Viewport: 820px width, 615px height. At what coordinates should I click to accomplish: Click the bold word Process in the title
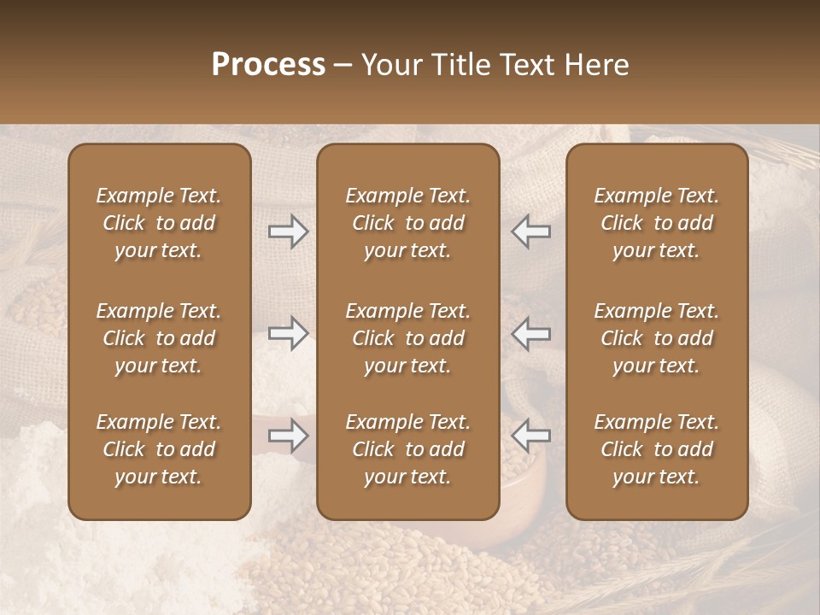(x=268, y=65)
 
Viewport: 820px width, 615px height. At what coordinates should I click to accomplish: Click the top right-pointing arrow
(x=289, y=231)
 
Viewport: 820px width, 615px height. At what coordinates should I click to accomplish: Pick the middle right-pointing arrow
(x=289, y=333)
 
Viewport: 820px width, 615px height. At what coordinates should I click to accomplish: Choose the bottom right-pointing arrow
(x=289, y=436)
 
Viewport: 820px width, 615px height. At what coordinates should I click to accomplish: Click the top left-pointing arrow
(x=530, y=231)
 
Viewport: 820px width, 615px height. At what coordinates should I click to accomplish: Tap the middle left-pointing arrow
(x=530, y=333)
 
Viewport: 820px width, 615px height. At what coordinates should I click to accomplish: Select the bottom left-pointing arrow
(x=530, y=436)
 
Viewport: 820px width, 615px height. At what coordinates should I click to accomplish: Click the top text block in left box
(x=159, y=223)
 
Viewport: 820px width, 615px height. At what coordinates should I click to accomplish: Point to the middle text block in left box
(x=159, y=338)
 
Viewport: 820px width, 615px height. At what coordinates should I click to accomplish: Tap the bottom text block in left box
(x=159, y=449)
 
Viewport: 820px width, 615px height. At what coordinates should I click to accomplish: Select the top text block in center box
(x=407, y=223)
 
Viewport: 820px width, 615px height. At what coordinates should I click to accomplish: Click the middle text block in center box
(x=407, y=338)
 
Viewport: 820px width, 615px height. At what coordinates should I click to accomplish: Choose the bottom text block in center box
(x=407, y=449)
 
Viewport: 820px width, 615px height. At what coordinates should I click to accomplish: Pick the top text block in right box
(x=656, y=223)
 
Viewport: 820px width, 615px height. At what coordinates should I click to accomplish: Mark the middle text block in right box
(x=656, y=338)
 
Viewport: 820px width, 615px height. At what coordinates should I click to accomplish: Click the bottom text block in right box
(x=656, y=449)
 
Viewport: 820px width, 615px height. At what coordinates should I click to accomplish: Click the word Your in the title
(x=389, y=65)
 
